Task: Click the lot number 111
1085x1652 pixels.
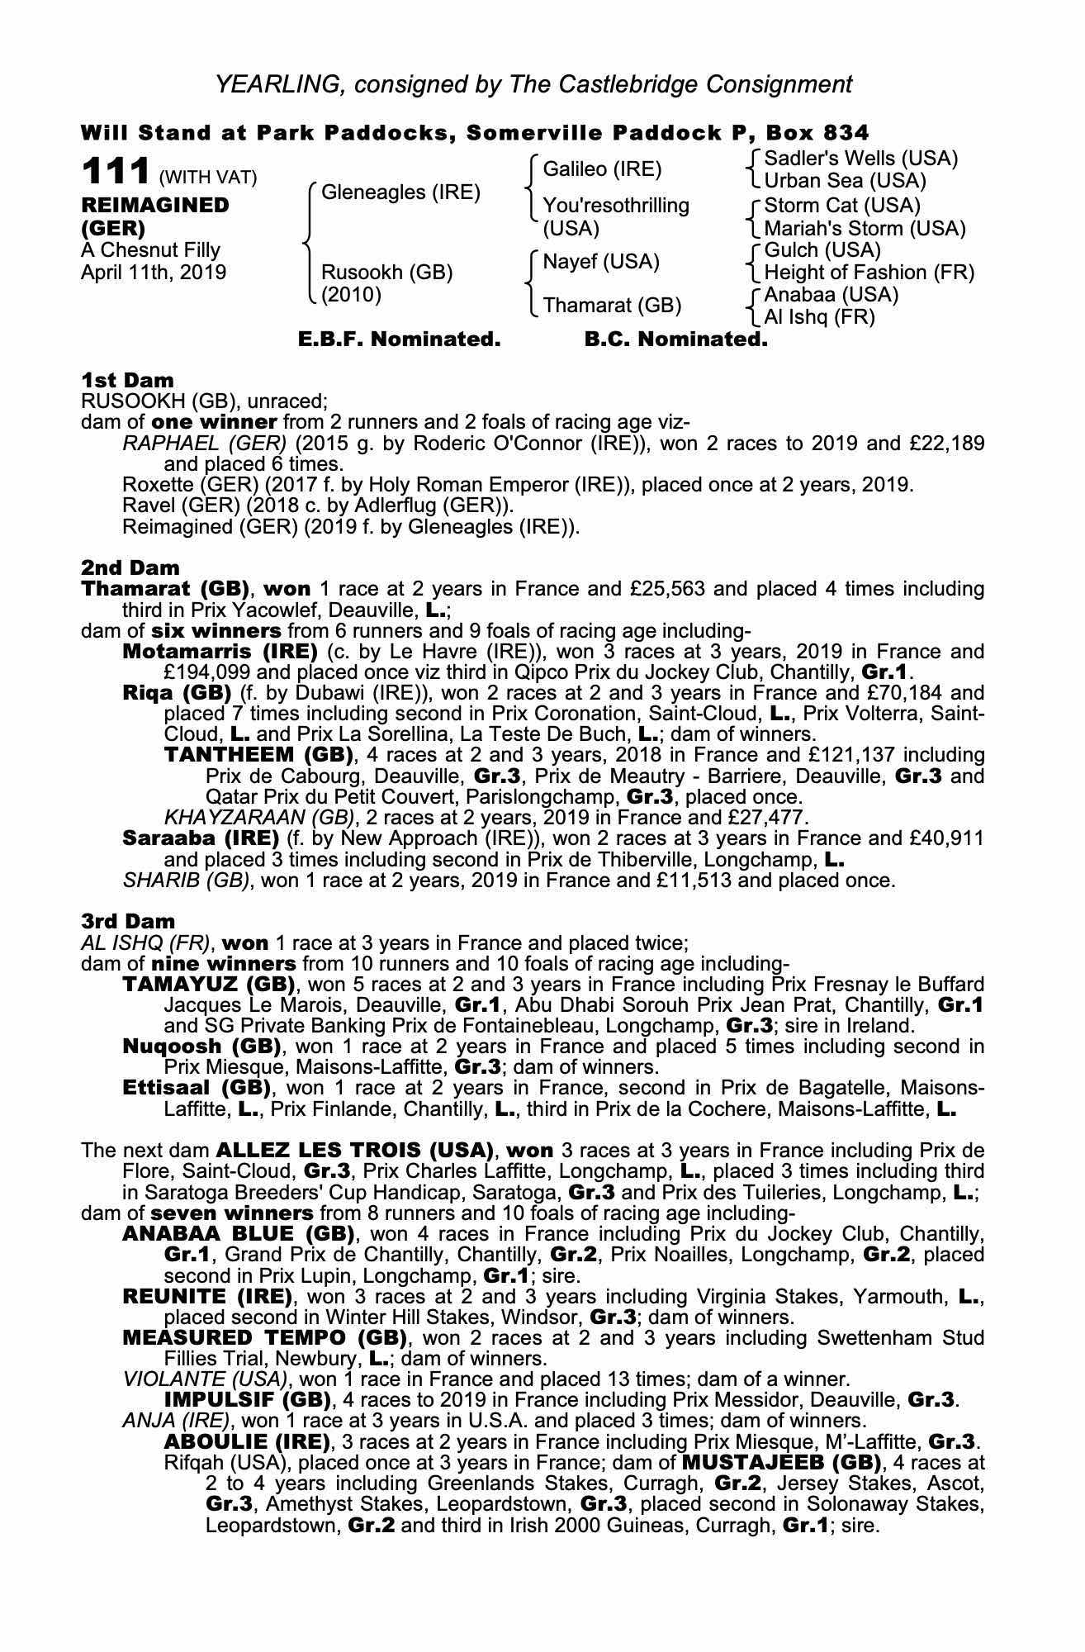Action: click(115, 173)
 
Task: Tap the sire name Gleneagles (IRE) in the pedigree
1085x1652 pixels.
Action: click(400, 192)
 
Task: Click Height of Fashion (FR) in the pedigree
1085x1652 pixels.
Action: click(869, 273)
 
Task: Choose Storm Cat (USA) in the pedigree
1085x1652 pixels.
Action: click(842, 205)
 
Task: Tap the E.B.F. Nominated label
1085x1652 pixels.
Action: click(399, 339)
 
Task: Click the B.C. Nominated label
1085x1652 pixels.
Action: click(675, 339)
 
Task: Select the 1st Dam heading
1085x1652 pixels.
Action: click(128, 381)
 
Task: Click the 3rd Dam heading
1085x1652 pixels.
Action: click(128, 921)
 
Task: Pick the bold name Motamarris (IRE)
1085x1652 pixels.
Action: click(220, 651)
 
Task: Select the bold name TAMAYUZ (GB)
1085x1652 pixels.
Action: click(209, 985)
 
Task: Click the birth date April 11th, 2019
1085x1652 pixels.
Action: click(153, 273)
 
